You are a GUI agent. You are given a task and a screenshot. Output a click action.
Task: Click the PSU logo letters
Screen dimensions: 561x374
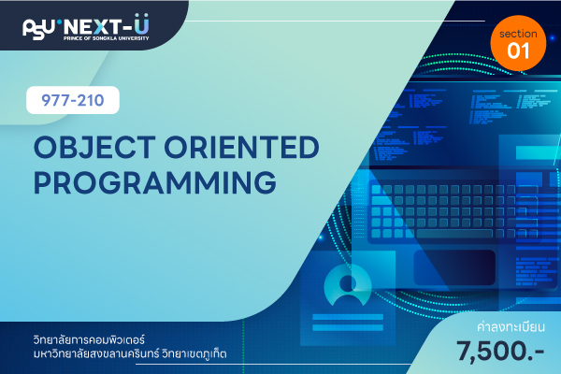39,28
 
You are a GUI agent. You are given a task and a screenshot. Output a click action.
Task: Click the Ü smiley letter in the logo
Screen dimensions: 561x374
142,24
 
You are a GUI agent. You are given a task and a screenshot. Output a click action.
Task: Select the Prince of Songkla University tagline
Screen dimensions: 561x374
107,38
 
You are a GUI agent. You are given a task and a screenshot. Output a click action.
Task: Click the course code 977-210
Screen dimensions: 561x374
73,100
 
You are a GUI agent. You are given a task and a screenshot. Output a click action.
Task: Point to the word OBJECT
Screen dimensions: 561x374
94,147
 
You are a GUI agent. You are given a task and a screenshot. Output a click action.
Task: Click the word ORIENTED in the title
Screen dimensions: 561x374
242,147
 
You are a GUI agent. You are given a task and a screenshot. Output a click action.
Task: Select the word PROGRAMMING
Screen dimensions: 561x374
155,182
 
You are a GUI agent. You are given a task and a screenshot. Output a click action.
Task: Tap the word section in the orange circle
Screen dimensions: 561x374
518,34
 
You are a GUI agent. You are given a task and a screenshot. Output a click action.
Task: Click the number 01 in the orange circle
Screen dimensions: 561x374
518,50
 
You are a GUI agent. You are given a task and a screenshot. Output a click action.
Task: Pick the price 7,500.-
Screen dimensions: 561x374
500,352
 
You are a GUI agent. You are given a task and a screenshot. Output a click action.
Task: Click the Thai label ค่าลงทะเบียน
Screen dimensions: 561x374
511,326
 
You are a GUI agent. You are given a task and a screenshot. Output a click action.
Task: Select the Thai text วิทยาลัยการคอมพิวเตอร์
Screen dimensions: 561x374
89,338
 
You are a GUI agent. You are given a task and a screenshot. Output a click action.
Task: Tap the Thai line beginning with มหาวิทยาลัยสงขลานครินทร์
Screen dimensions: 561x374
130,353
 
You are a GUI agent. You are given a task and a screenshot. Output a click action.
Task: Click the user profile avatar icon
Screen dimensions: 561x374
348,285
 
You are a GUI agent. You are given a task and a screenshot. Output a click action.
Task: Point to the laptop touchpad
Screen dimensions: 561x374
454,267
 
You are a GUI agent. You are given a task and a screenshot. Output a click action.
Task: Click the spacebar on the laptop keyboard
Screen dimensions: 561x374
454,234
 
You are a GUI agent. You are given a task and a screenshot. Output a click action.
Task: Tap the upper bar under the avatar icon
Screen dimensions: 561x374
348,317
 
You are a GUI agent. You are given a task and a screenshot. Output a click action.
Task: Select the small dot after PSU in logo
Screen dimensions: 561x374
59,22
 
